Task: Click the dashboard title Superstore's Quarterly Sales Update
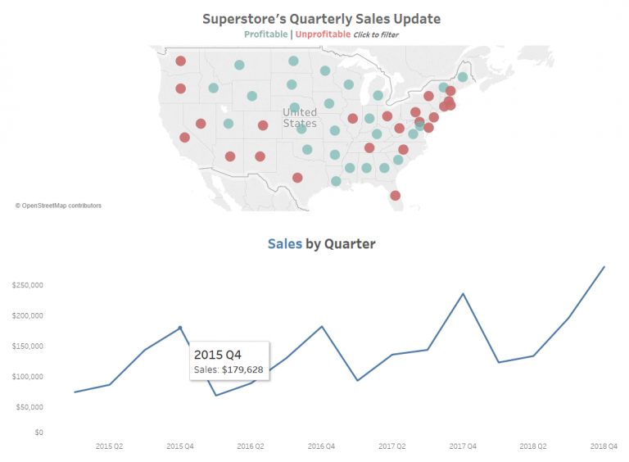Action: click(321, 18)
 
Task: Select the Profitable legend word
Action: click(265, 34)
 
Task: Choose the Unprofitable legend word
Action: click(323, 34)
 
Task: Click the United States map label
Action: click(299, 117)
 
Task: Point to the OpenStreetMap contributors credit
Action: click(58, 206)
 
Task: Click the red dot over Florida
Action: click(395, 195)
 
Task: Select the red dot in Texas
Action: click(297, 178)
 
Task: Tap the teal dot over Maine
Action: click(463, 77)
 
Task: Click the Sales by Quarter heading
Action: click(321, 243)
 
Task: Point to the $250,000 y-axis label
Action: click(27, 285)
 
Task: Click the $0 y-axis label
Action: click(38, 432)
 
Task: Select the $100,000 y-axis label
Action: click(27, 377)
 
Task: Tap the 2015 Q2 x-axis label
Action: click(110, 446)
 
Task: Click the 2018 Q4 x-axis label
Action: click(604, 446)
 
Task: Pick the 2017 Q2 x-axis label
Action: click(392, 446)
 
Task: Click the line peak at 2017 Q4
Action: click(463, 293)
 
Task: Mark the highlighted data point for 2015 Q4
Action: click(180, 328)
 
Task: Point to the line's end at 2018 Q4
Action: click(604, 266)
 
